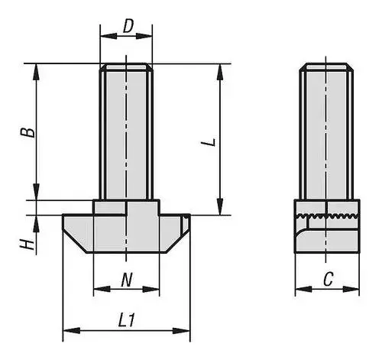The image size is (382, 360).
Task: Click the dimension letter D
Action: point(128,26)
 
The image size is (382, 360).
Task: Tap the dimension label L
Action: point(209,142)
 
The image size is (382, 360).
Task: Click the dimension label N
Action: point(127,280)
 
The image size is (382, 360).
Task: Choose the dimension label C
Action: point(328,279)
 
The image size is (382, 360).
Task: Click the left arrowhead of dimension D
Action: point(108,36)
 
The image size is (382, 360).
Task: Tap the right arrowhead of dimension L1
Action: point(181,331)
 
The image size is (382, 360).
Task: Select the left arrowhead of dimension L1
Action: point(72,331)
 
